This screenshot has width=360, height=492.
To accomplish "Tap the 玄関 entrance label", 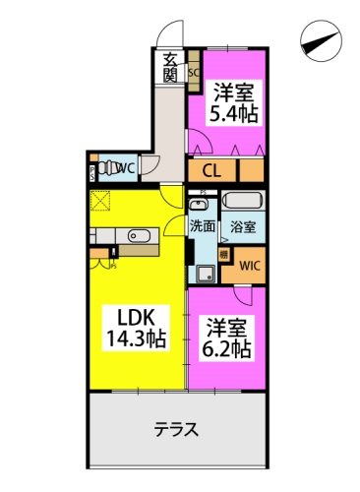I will (x=171, y=66).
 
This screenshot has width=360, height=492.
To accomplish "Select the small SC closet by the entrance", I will (x=194, y=71).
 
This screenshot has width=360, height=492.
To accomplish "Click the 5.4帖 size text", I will (x=233, y=113).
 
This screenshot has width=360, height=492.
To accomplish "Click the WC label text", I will (x=124, y=169).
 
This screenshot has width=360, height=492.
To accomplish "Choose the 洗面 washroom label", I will (x=204, y=225).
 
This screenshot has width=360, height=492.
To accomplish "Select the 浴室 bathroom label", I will (x=243, y=225).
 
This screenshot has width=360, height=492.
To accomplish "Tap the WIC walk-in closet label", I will (x=249, y=266).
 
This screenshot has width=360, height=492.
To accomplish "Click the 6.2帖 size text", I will (x=227, y=349).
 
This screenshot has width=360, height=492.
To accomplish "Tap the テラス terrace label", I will (x=177, y=429).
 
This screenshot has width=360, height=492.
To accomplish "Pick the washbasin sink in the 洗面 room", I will (x=200, y=205).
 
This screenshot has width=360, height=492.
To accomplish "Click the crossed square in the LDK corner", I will (x=101, y=201).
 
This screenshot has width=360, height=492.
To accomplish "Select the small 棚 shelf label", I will (x=224, y=254).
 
